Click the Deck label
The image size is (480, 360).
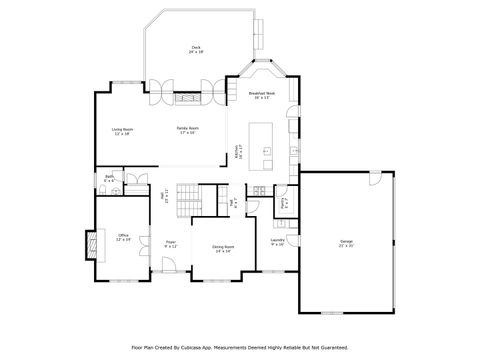196,50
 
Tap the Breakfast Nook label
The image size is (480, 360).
263,96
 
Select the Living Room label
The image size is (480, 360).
122,131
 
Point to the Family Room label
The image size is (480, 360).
186,131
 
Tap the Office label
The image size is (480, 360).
123,237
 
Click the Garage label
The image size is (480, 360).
346,243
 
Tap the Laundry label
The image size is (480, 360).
277,242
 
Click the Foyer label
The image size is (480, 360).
171,243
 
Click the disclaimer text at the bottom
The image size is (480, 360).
240,348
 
